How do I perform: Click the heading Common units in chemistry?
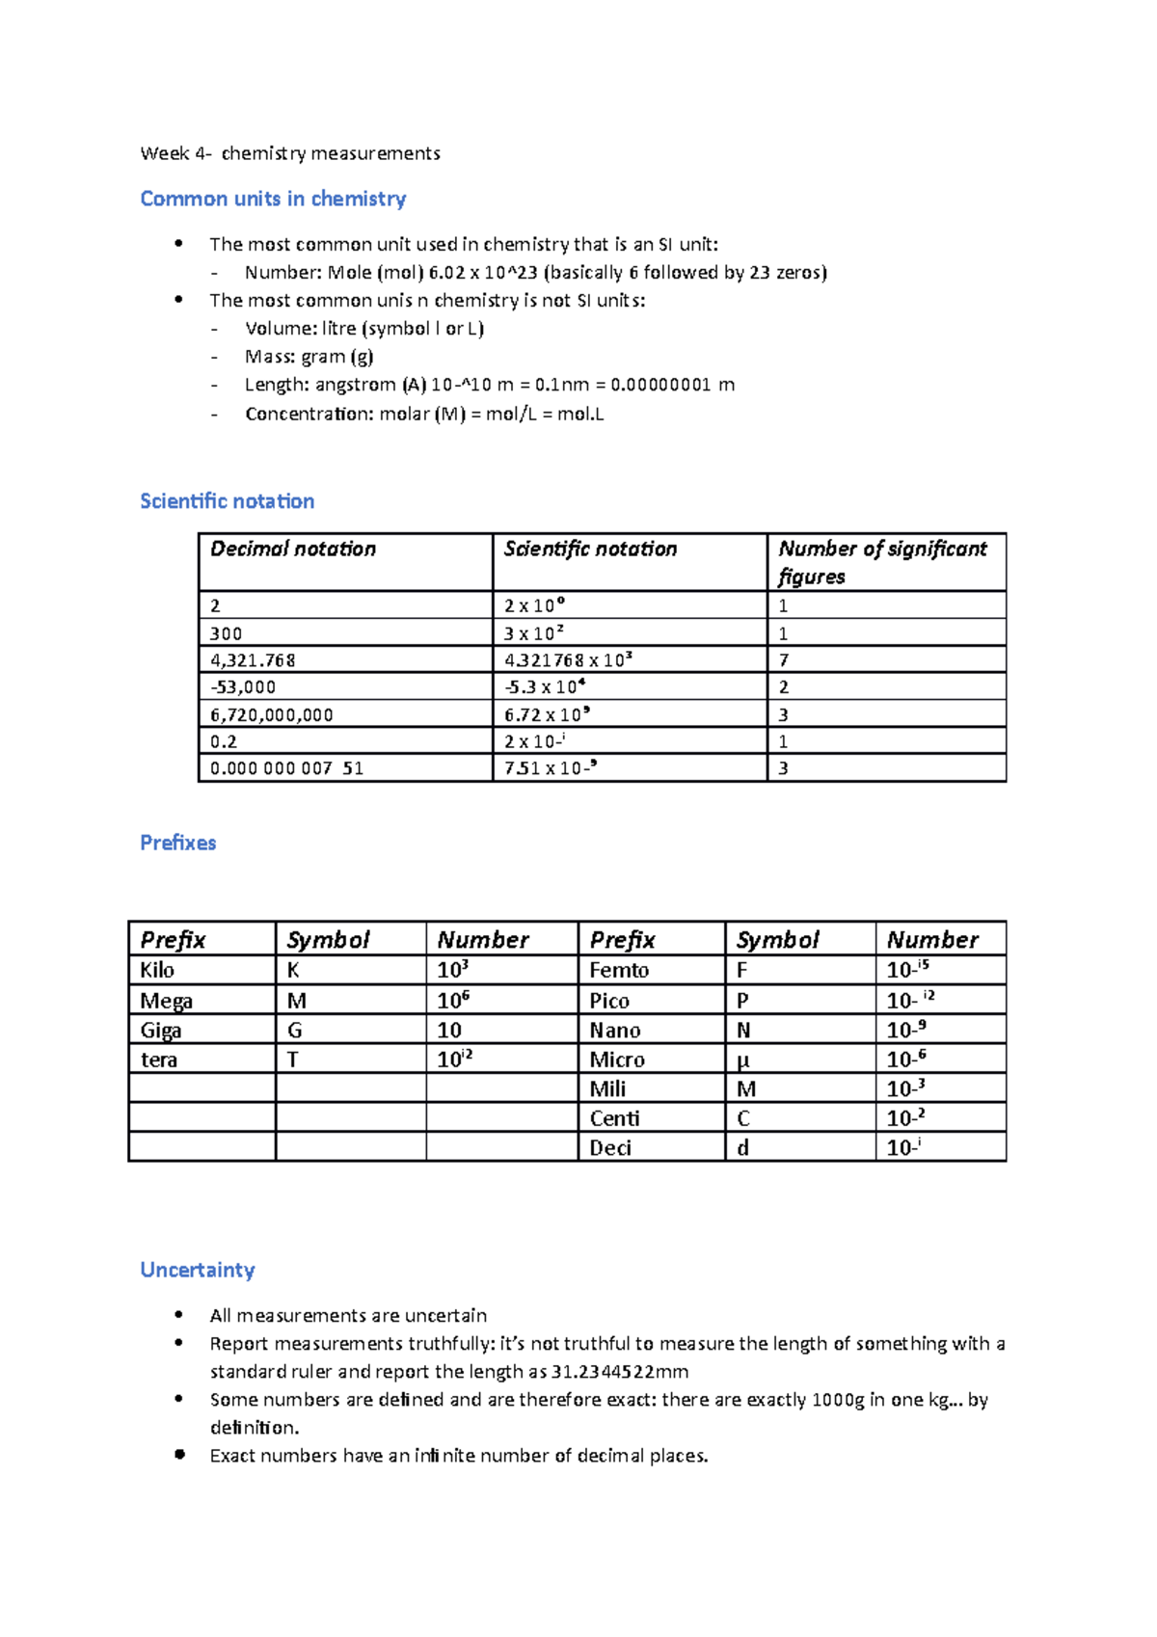[x=273, y=199]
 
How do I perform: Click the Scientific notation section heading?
[x=228, y=501]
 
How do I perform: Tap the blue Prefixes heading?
[x=178, y=843]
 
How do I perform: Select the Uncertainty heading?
[x=198, y=1270]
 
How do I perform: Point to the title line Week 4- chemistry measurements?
[x=290, y=153]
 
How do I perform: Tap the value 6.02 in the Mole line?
[x=447, y=273]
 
